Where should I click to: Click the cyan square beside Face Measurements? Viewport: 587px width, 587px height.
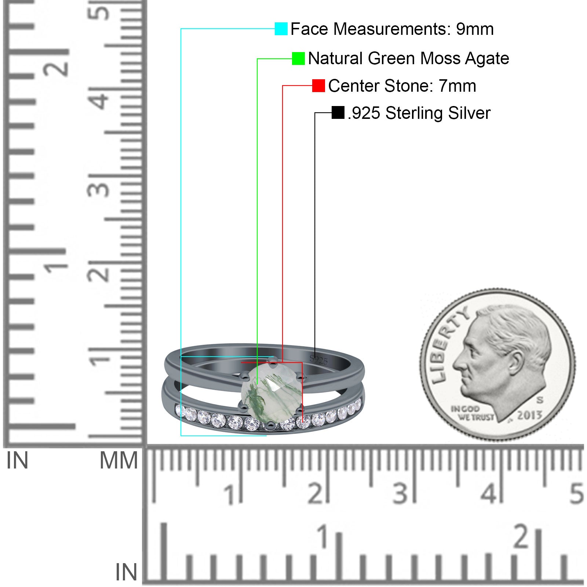tap(281, 29)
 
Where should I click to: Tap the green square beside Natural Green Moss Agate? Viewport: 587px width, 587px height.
tap(298, 58)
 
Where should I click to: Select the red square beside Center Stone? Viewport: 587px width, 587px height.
tap(318, 85)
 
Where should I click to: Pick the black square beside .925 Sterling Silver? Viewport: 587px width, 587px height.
tap(338, 113)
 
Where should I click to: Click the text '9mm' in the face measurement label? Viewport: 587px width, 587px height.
tap(475, 29)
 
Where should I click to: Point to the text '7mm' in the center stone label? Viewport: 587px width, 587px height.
tap(457, 86)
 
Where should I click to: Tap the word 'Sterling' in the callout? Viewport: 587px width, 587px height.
tap(414, 113)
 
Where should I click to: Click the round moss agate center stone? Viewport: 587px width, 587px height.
tap(271, 393)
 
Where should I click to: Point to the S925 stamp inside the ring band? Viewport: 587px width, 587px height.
tap(318, 360)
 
